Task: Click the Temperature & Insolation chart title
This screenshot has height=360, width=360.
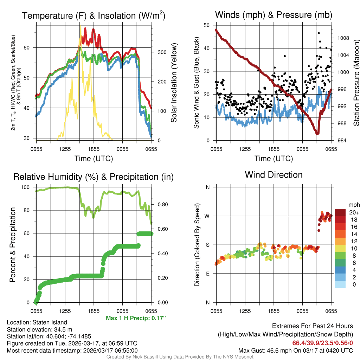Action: click(94, 15)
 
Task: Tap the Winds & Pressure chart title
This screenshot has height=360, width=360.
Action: click(274, 15)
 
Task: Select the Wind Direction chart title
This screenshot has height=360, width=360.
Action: click(274, 175)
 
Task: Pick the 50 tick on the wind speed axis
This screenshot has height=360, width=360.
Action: click(207, 25)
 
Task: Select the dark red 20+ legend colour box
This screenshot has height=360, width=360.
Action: click(340, 212)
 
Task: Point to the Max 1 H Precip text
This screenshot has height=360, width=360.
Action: click(136, 318)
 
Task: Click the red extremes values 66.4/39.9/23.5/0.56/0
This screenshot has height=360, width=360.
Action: click(323, 342)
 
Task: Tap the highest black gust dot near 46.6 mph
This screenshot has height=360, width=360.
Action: click(319, 33)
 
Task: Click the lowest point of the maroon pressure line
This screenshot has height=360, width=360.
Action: click(317, 134)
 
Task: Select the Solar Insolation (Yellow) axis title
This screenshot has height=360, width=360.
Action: click(174, 83)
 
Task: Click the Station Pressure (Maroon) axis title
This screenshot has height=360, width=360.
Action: click(356, 83)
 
